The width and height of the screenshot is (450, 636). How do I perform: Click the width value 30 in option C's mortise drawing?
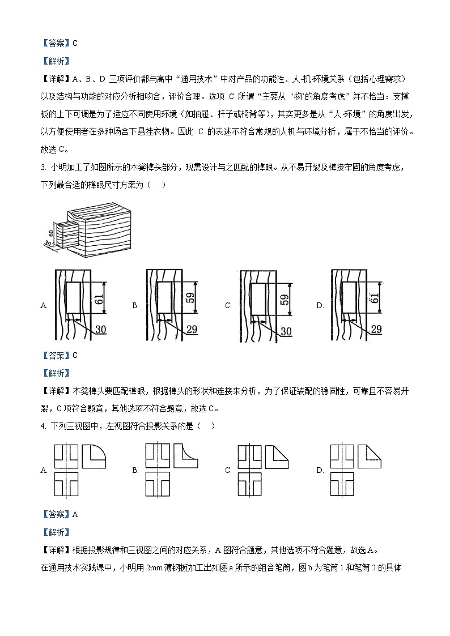click(x=286, y=330)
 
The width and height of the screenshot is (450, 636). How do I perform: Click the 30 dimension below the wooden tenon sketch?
click(x=48, y=244)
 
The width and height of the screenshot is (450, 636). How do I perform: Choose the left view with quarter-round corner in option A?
click(x=94, y=455)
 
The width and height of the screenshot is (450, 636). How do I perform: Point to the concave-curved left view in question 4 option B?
click(x=186, y=455)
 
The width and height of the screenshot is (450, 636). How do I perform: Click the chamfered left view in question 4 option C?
click(x=278, y=455)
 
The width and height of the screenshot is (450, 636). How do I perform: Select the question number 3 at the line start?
click(x=43, y=167)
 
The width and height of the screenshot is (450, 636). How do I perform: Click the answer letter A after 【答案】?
click(x=75, y=514)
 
